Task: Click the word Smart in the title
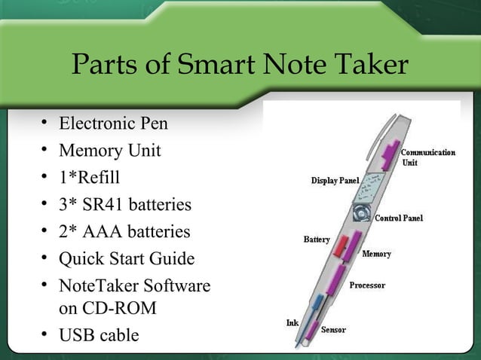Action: point(212,66)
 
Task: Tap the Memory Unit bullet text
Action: point(109,151)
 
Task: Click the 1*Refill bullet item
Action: point(89,178)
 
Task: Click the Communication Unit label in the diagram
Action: point(427,157)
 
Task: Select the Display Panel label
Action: point(335,181)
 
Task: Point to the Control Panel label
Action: point(399,218)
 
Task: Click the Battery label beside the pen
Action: point(317,239)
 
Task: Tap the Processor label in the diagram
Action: point(367,285)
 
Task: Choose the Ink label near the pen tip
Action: point(292,322)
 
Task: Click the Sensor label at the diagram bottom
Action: point(334,330)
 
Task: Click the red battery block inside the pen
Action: point(341,245)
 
